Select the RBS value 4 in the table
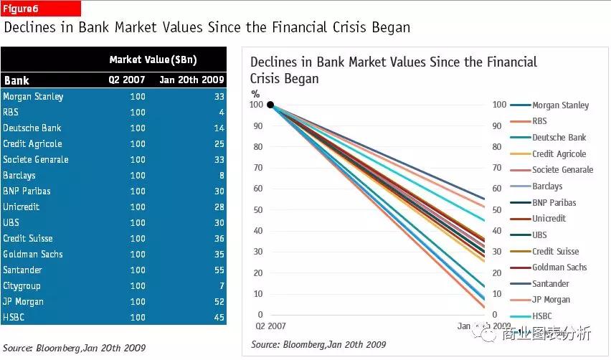coord(222,113)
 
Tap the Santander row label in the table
coord(22,270)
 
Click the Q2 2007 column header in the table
coord(127,80)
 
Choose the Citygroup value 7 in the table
coord(222,286)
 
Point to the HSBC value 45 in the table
coord(219,318)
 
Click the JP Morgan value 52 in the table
coord(219,302)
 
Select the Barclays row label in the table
coord(19,176)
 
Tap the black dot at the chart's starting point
coord(270,105)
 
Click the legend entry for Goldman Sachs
coord(559,267)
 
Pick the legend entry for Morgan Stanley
coord(559,105)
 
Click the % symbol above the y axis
coord(255,93)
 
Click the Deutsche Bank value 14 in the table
coord(219,128)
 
